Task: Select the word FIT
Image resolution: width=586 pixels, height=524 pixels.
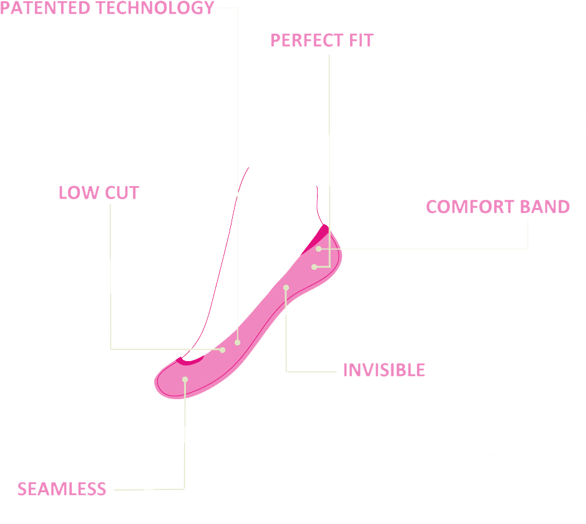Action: [x=361, y=41]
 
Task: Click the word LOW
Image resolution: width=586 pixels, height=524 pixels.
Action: [x=79, y=192]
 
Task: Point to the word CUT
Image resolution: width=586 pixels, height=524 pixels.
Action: [x=122, y=192]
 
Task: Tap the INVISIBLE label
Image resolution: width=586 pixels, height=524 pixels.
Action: [x=384, y=370]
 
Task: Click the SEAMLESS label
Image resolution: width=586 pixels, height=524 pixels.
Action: [x=62, y=489]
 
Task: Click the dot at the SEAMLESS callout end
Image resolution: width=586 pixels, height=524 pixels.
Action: [x=185, y=379]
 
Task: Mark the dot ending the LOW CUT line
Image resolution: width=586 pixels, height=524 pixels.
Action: [x=223, y=350]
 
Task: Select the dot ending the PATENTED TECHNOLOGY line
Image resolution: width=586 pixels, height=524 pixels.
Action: [x=238, y=342]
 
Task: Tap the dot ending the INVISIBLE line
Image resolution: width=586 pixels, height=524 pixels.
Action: [x=286, y=288]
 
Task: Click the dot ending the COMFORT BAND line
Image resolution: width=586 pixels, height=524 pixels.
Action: [x=318, y=249]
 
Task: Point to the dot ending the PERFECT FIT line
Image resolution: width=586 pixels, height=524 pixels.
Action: [x=315, y=267]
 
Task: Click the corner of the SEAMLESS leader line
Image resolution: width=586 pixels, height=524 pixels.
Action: [x=184, y=488]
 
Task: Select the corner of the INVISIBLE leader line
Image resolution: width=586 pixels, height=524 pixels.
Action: [x=286, y=371]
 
